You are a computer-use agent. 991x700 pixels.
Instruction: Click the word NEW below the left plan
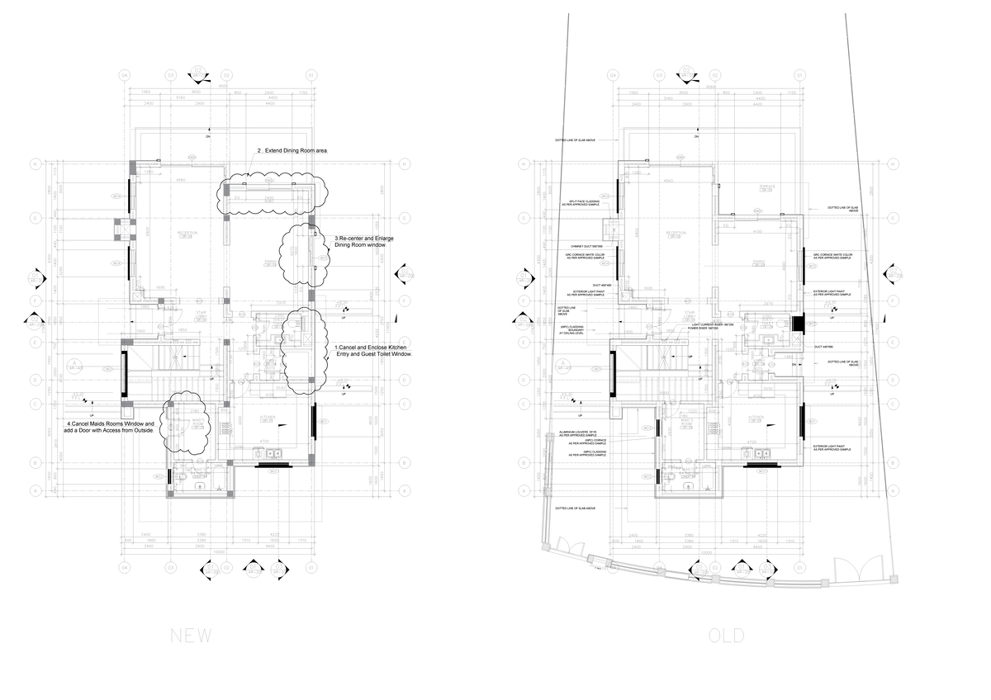(191, 636)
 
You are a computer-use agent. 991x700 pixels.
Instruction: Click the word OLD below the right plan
(726, 636)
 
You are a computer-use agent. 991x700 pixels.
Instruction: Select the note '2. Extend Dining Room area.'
(293, 151)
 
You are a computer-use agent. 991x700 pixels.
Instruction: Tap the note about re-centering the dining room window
(364, 242)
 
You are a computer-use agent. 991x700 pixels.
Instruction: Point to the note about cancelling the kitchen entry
(373, 351)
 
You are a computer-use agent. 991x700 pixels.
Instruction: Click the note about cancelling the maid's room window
(110, 427)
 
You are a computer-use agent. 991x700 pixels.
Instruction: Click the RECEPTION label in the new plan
(187, 234)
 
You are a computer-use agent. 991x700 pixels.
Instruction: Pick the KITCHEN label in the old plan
(756, 419)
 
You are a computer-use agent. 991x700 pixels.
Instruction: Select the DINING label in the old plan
(758, 262)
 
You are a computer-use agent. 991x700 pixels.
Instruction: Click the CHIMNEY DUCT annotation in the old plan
(586, 246)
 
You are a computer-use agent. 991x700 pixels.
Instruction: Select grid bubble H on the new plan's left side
(35, 163)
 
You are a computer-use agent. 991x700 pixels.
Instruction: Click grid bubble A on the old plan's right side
(892, 490)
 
